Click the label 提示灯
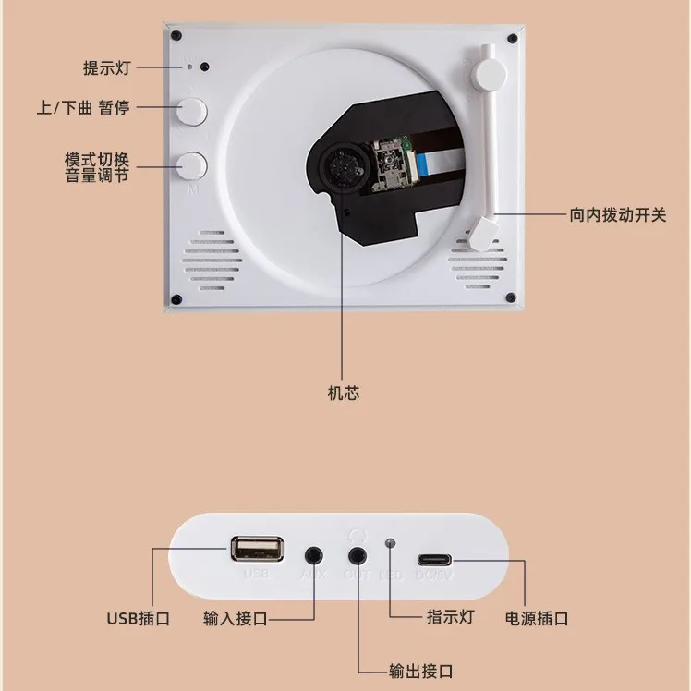point(109,67)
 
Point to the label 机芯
point(344,393)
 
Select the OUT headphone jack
point(358,556)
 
